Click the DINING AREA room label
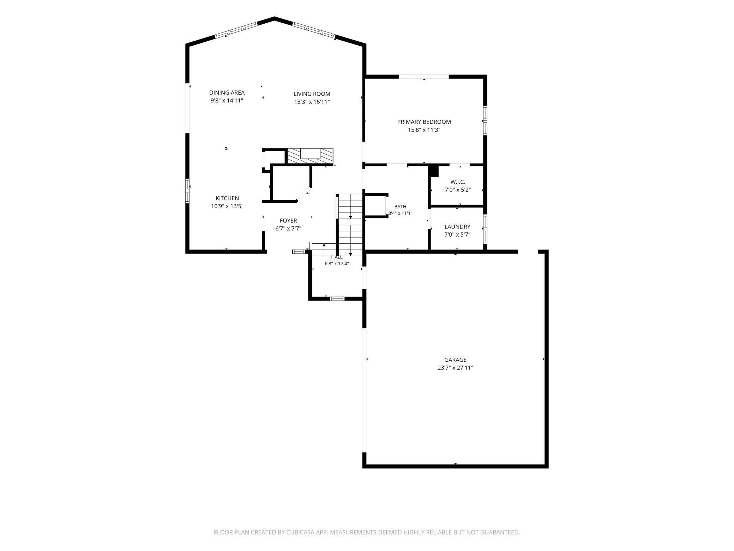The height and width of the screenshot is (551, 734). [227, 93]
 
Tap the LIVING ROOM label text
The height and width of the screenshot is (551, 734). [312, 94]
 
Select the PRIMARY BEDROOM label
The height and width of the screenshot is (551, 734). [424, 122]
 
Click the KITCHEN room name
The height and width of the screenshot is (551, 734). [227, 198]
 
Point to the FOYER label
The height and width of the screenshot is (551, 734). [288, 221]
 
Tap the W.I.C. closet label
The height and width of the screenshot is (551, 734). [458, 182]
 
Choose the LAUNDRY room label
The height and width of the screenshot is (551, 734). [457, 227]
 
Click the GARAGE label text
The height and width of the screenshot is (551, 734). [455, 360]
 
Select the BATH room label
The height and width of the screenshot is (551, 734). [400, 207]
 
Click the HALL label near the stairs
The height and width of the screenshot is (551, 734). [337, 257]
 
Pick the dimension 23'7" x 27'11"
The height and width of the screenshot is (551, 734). [455, 368]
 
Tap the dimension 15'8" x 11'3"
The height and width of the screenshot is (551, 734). [424, 130]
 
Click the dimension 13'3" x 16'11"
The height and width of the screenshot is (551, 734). [312, 102]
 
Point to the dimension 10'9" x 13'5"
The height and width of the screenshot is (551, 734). [227, 206]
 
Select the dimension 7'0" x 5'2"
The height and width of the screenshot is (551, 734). [458, 190]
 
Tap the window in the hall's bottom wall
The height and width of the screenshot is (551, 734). [337, 299]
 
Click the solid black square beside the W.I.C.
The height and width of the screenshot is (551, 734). [434, 171]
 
